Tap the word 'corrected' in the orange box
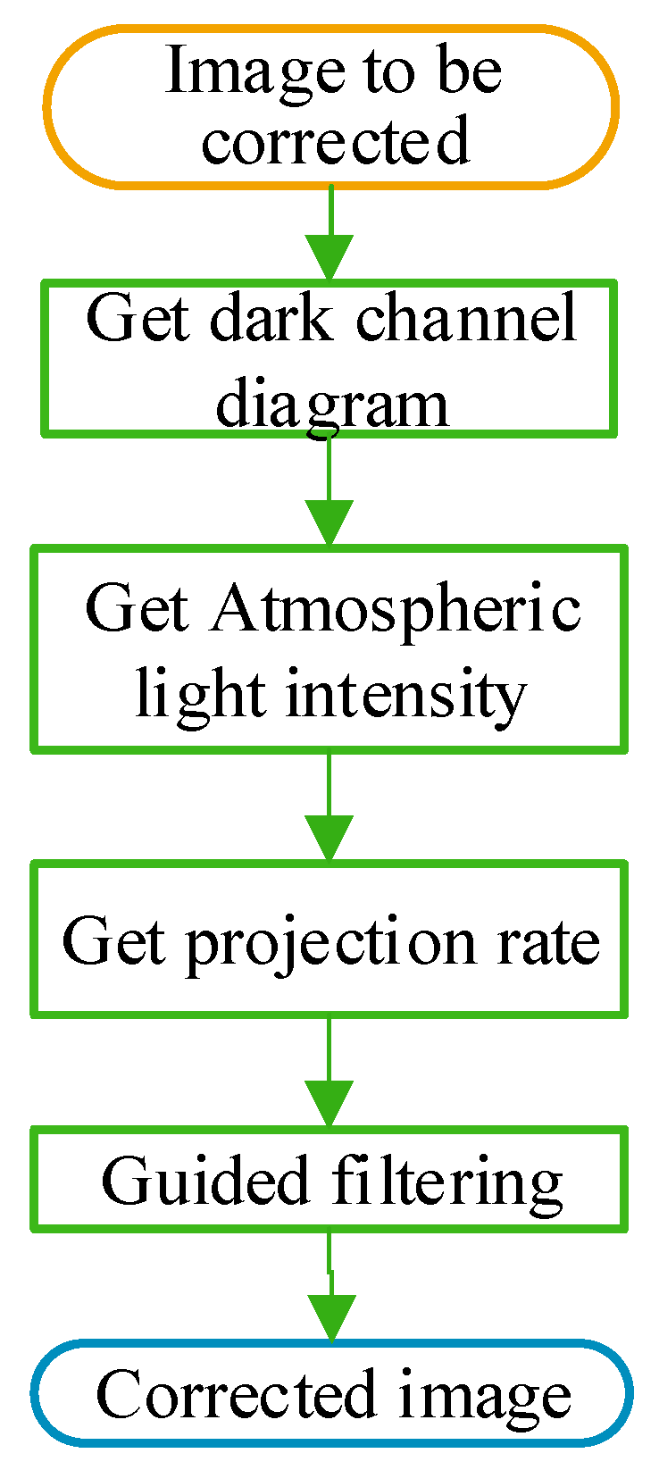(x=335, y=141)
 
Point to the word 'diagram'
(x=332, y=404)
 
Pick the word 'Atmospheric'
(x=396, y=609)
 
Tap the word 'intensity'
(x=406, y=695)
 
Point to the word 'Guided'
(x=204, y=1181)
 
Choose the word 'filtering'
(x=447, y=1181)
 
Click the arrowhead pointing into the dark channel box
(x=329, y=259)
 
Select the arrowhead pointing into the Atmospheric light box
(x=329, y=523)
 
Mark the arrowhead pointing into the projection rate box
(x=329, y=839)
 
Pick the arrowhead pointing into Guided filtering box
(x=329, y=1104)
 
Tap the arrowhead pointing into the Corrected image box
(x=331, y=1318)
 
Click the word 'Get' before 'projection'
(x=113, y=942)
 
